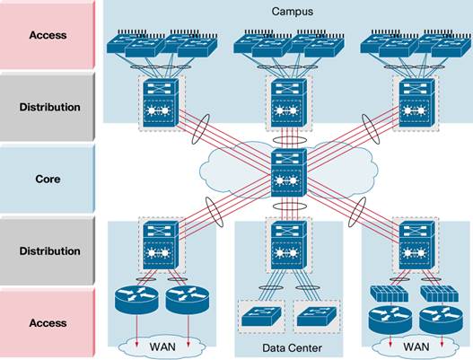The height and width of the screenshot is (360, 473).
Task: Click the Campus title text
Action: click(286, 12)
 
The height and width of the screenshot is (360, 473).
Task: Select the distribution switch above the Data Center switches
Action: click(287, 246)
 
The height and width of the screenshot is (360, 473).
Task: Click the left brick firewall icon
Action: click(389, 293)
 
